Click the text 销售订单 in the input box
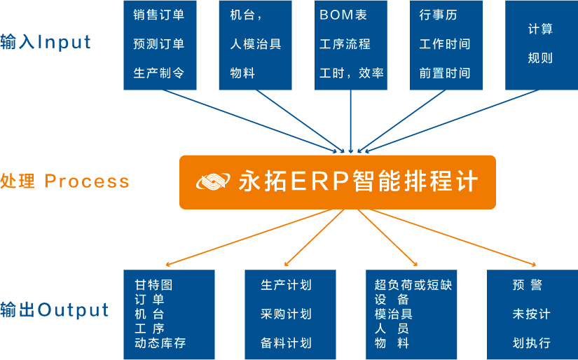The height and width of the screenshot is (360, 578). [158, 15]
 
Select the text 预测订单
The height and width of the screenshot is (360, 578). [158, 44]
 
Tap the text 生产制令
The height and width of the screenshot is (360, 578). [158, 73]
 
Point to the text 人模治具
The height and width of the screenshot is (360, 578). [256, 44]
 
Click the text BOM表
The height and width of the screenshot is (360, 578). [343, 15]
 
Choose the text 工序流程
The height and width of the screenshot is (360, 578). [345, 44]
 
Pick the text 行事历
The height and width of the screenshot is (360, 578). [438, 15]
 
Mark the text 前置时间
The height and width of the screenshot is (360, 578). [445, 73]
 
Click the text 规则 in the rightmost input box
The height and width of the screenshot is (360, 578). [540, 58]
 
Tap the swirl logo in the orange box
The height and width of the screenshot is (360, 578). [214, 181]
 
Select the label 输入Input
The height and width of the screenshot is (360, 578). [46, 42]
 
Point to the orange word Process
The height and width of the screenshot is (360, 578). [87, 181]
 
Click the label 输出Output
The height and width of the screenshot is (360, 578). [55, 310]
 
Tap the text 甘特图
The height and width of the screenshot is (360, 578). [153, 285]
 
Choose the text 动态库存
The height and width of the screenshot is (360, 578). [160, 343]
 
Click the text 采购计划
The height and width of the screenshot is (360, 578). [286, 314]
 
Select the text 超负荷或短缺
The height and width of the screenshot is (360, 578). [413, 285]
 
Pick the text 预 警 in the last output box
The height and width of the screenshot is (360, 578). [527, 285]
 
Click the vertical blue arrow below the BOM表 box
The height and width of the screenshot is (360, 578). [350, 122]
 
